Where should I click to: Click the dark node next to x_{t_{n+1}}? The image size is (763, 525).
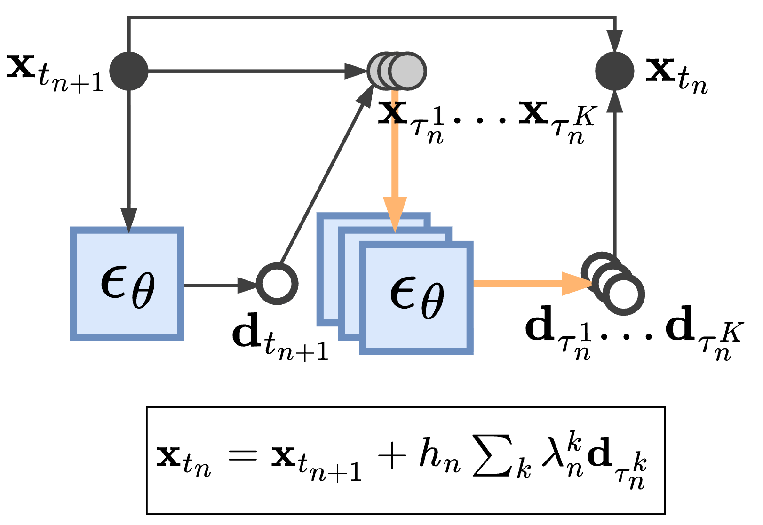point(129,71)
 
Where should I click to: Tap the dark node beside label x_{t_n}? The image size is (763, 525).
point(614,71)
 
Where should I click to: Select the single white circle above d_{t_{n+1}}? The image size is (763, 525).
point(277,284)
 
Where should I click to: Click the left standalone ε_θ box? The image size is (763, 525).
point(127,284)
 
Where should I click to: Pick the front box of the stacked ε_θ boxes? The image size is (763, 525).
point(417,298)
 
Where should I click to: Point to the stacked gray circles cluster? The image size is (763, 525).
point(397,71)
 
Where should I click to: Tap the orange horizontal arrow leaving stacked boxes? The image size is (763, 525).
point(527,284)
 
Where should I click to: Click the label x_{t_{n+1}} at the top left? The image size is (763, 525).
point(54,73)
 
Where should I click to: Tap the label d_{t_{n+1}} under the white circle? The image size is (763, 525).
point(280,336)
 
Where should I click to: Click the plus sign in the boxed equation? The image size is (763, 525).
point(392,456)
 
